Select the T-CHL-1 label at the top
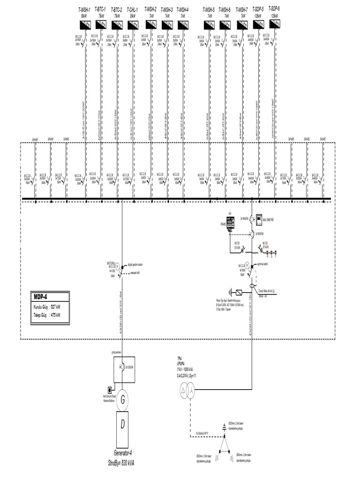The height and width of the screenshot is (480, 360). (133, 9)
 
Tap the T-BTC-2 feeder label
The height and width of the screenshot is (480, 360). (117, 9)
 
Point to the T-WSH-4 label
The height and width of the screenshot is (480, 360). (183, 9)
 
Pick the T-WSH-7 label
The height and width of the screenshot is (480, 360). (242, 9)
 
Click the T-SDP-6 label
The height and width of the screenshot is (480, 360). (274, 8)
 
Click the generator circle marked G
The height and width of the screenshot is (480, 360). (123, 400)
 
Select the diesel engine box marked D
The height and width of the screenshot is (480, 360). (123, 425)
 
